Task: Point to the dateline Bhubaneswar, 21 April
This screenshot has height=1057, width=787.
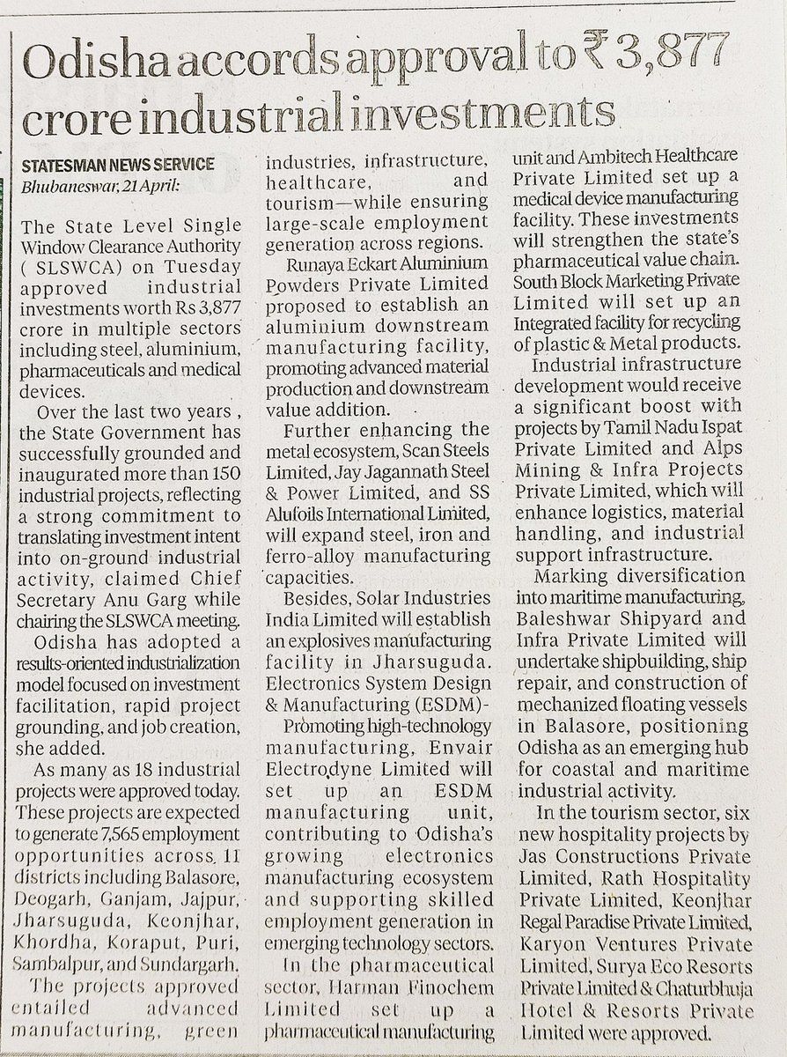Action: [x=101, y=185]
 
